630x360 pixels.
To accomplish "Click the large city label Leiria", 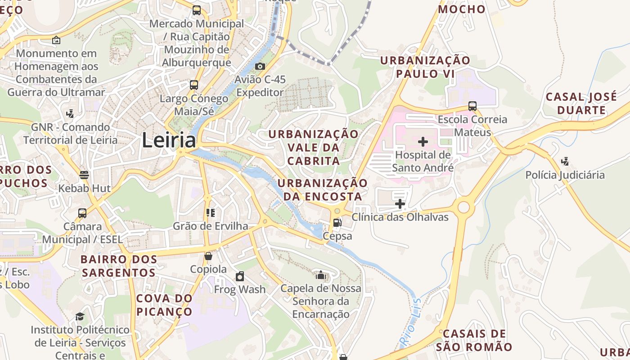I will pyautogui.click(x=169, y=140).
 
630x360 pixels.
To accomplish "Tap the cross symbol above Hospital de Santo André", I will pyautogui.click(x=423, y=142).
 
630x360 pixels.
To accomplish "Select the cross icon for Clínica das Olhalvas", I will pyautogui.click(x=400, y=204).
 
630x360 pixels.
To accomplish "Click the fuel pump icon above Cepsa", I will pyautogui.click(x=337, y=222).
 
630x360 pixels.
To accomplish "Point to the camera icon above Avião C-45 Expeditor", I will pyautogui.click(x=260, y=67).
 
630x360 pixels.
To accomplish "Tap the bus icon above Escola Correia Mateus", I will pyautogui.click(x=472, y=106).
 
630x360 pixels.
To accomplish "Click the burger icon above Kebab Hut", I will pyautogui.click(x=84, y=175).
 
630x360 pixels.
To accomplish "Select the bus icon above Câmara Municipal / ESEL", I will pyautogui.click(x=82, y=213).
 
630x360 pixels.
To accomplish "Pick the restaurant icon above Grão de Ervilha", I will pyautogui.click(x=210, y=212).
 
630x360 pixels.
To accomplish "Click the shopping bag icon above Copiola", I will pyautogui.click(x=208, y=256).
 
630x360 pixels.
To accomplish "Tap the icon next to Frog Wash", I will pyautogui.click(x=240, y=276).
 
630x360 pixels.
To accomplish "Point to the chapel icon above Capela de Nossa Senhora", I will pyautogui.click(x=320, y=275).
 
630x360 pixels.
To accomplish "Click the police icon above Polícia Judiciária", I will pyautogui.click(x=565, y=162).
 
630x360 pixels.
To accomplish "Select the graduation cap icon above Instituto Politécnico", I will pyautogui.click(x=80, y=316).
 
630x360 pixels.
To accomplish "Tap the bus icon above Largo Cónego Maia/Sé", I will pyautogui.click(x=194, y=85).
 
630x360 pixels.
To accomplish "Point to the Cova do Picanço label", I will pyautogui.click(x=164, y=305).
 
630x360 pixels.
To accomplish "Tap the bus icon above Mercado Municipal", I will pyautogui.click(x=196, y=10).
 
